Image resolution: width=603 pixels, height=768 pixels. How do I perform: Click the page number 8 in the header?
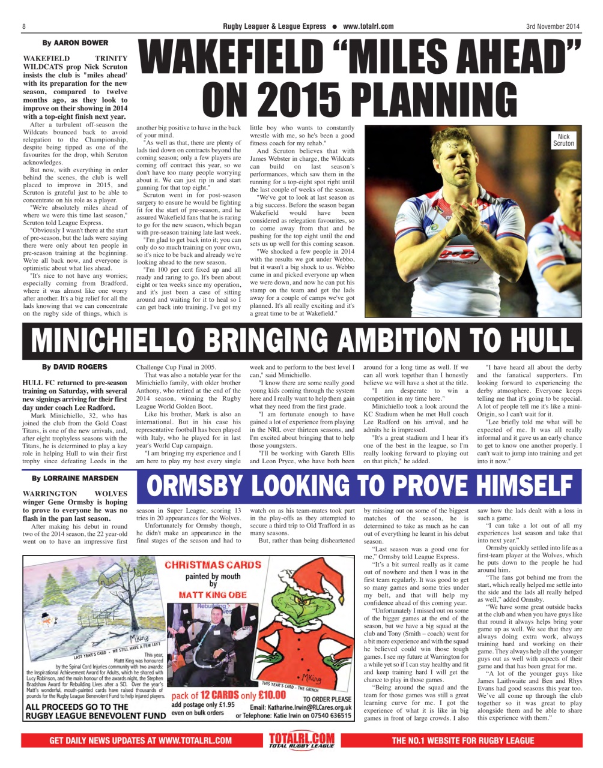(x=23, y=26)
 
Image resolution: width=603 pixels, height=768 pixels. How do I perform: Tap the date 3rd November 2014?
(x=553, y=26)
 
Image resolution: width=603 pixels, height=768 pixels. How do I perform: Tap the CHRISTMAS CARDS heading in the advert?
(x=213, y=565)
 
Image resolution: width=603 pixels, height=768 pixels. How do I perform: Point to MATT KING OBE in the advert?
(x=213, y=595)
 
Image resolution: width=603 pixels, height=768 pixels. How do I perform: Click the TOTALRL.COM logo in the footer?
(x=301, y=740)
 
